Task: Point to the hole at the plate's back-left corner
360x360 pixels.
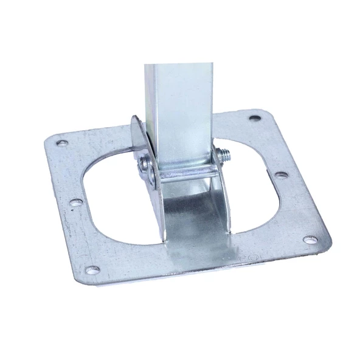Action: (61, 144)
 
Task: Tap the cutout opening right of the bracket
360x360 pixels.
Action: (255, 195)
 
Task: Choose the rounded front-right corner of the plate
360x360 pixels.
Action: (325, 246)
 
